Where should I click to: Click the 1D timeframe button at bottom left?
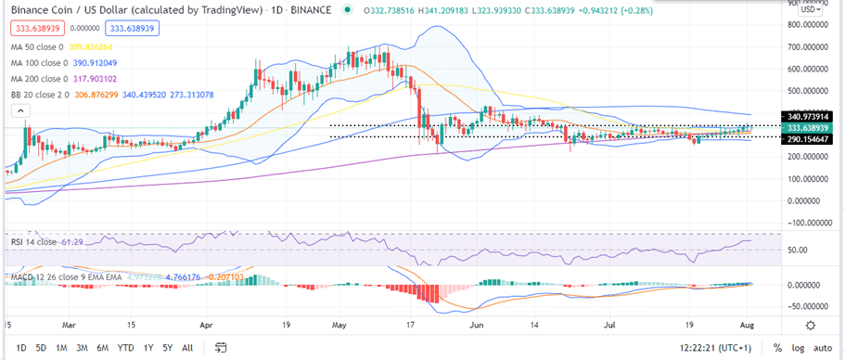click(20, 348)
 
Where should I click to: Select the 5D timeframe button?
click(41, 348)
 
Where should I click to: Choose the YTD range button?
click(124, 348)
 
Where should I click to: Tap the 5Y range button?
click(167, 348)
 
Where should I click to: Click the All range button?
click(188, 348)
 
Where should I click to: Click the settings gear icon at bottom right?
click(810, 326)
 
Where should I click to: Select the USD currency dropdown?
click(809, 9)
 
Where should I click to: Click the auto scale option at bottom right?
click(824, 348)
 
